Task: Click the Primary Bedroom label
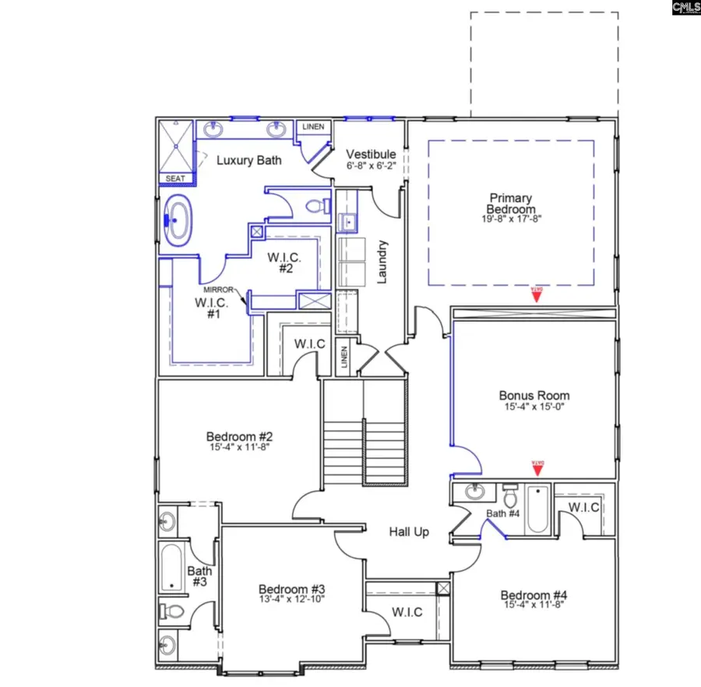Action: point(512,203)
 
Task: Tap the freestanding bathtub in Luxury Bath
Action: point(178,220)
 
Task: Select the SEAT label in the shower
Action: point(176,178)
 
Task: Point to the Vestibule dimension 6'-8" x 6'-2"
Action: point(372,167)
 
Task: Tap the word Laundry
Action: point(382,262)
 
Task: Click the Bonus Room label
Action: point(534,395)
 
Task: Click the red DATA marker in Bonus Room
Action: point(536,467)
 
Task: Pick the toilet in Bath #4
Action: point(511,496)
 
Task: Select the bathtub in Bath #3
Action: point(172,567)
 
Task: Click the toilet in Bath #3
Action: point(171,611)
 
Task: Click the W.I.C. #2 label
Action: point(284,262)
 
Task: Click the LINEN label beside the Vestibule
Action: point(313,127)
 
